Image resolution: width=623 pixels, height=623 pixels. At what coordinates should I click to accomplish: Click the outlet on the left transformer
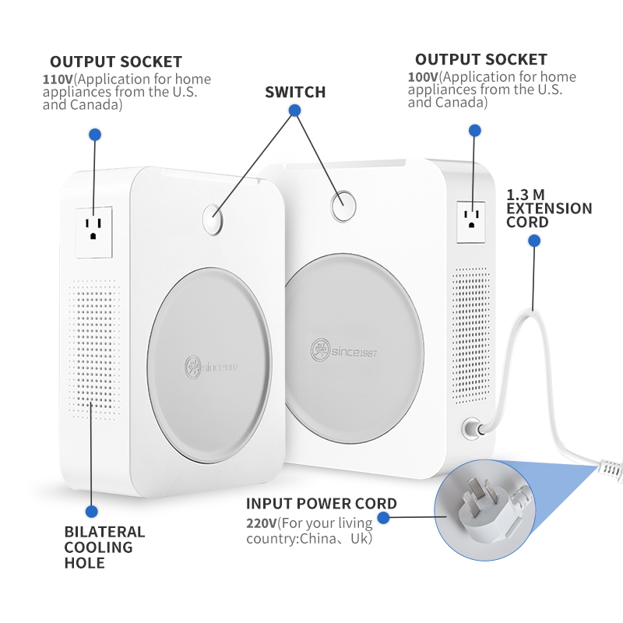coord(93,232)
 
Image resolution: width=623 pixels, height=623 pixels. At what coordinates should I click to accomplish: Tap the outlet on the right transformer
coord(471,222)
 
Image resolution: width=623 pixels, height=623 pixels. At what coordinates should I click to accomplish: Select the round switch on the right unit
coord(343,206)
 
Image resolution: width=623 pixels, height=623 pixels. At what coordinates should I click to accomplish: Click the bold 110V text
coord(58,79)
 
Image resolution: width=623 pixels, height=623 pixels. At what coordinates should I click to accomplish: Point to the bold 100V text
coord(423,77)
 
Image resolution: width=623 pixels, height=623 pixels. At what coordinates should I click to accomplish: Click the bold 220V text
coord(262,523)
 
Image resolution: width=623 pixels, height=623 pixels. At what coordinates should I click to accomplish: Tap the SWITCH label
coord(295,92)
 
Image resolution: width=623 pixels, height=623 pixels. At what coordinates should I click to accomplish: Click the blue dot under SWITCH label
coord(294,111)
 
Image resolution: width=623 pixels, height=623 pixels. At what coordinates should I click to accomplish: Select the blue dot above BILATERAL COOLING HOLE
coord(91,512)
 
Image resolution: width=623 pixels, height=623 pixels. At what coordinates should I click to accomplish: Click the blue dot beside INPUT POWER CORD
coord(383,518)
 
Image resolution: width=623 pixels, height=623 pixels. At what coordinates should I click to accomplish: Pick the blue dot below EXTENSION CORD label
coord(534,241)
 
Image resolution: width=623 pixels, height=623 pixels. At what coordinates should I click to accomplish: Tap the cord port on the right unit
coord(473,428)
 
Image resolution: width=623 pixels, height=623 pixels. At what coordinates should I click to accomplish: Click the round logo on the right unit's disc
coord(320,350)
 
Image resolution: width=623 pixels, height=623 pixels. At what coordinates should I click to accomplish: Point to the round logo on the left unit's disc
coord(192,367)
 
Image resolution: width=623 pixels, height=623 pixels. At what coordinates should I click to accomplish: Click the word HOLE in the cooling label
coord(85,563)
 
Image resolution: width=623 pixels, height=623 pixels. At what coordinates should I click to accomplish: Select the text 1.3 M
coord(525,195)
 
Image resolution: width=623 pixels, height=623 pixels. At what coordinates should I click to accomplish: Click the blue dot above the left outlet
coord(95,135)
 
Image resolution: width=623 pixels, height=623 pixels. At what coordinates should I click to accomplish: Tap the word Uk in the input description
coord(360,539)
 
